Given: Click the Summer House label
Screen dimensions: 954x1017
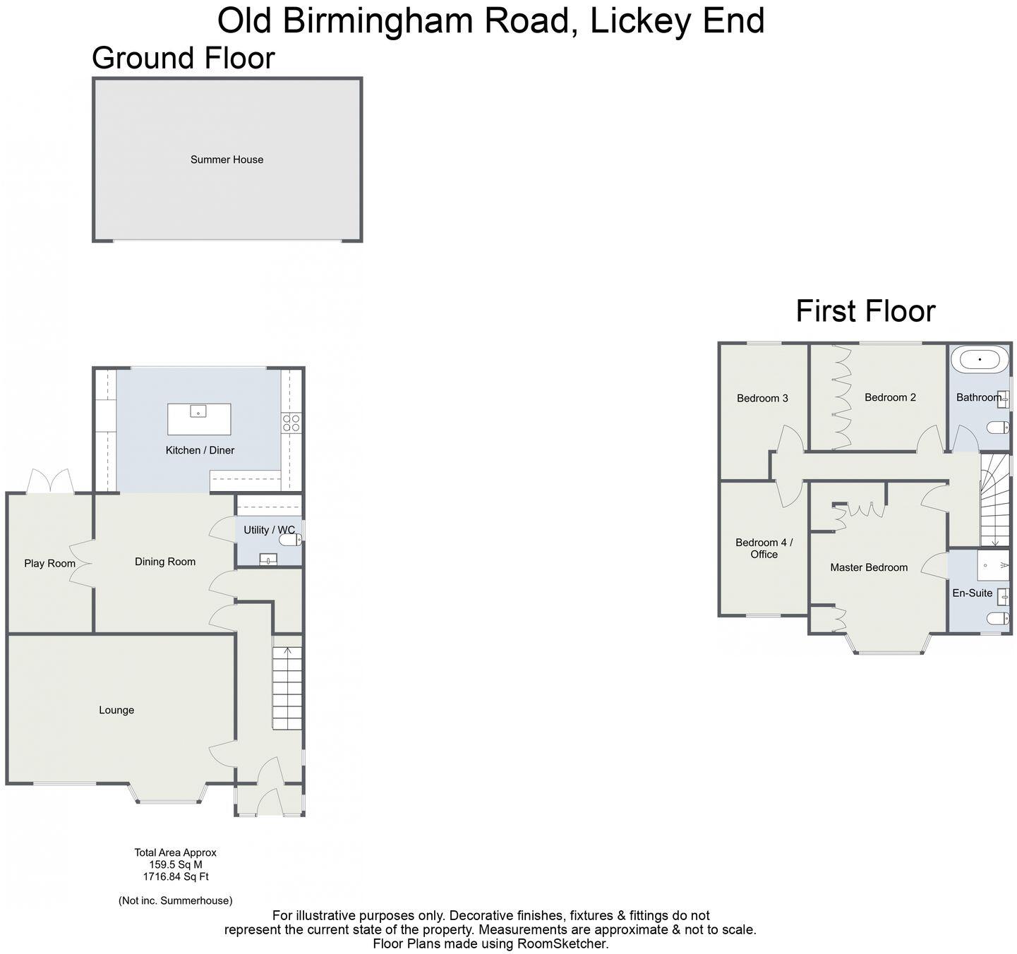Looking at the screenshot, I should tap(227, 159).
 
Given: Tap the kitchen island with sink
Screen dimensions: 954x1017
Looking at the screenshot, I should tap(199, 418).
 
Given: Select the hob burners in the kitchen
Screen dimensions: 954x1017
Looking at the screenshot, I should tap(291, 423).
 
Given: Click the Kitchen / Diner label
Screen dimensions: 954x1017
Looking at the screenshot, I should tap(200, 450).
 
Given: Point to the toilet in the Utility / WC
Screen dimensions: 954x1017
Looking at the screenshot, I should tap(290, 541).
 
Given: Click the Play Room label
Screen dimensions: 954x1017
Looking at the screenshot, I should tap(49, 563).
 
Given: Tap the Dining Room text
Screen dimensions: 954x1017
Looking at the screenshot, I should tap(165, 562).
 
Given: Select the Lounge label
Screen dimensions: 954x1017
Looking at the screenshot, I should tap(116, 710).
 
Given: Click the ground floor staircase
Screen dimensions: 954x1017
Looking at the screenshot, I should tap(287, 688).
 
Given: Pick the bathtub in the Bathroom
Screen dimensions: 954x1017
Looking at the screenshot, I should tap(980, 360).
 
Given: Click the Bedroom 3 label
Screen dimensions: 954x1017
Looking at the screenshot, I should tap(762, 398).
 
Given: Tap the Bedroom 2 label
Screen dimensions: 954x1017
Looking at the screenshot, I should tap(890, 397).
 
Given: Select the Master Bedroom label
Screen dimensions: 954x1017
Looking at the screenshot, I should tap(869, 567).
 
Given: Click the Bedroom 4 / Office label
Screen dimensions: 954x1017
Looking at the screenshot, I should tap(764, 548).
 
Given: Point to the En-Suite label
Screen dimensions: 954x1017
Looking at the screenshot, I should tap(972, 593).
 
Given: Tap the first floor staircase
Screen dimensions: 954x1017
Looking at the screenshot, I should tap(995, 501).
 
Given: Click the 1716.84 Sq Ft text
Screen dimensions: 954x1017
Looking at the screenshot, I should tap(176, 876).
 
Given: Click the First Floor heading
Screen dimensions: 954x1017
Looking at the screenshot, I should tap(865, 311).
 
